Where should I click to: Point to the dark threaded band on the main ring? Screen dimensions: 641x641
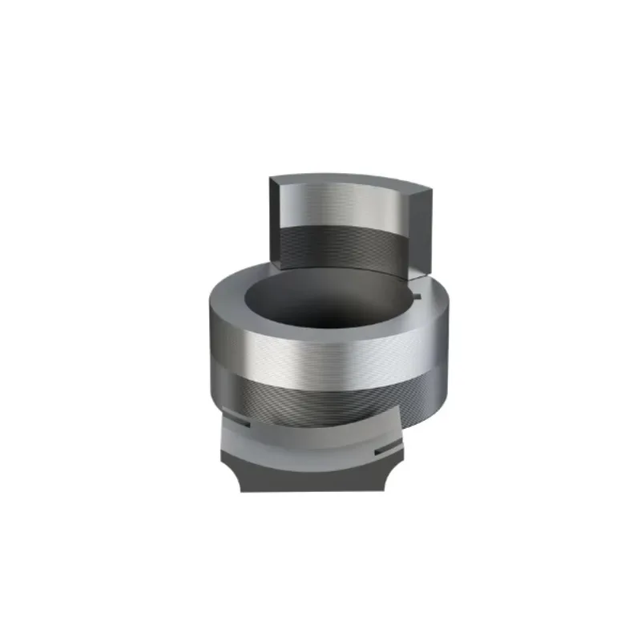pos(320,397)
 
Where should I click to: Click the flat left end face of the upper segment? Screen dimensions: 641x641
pos(277,220)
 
